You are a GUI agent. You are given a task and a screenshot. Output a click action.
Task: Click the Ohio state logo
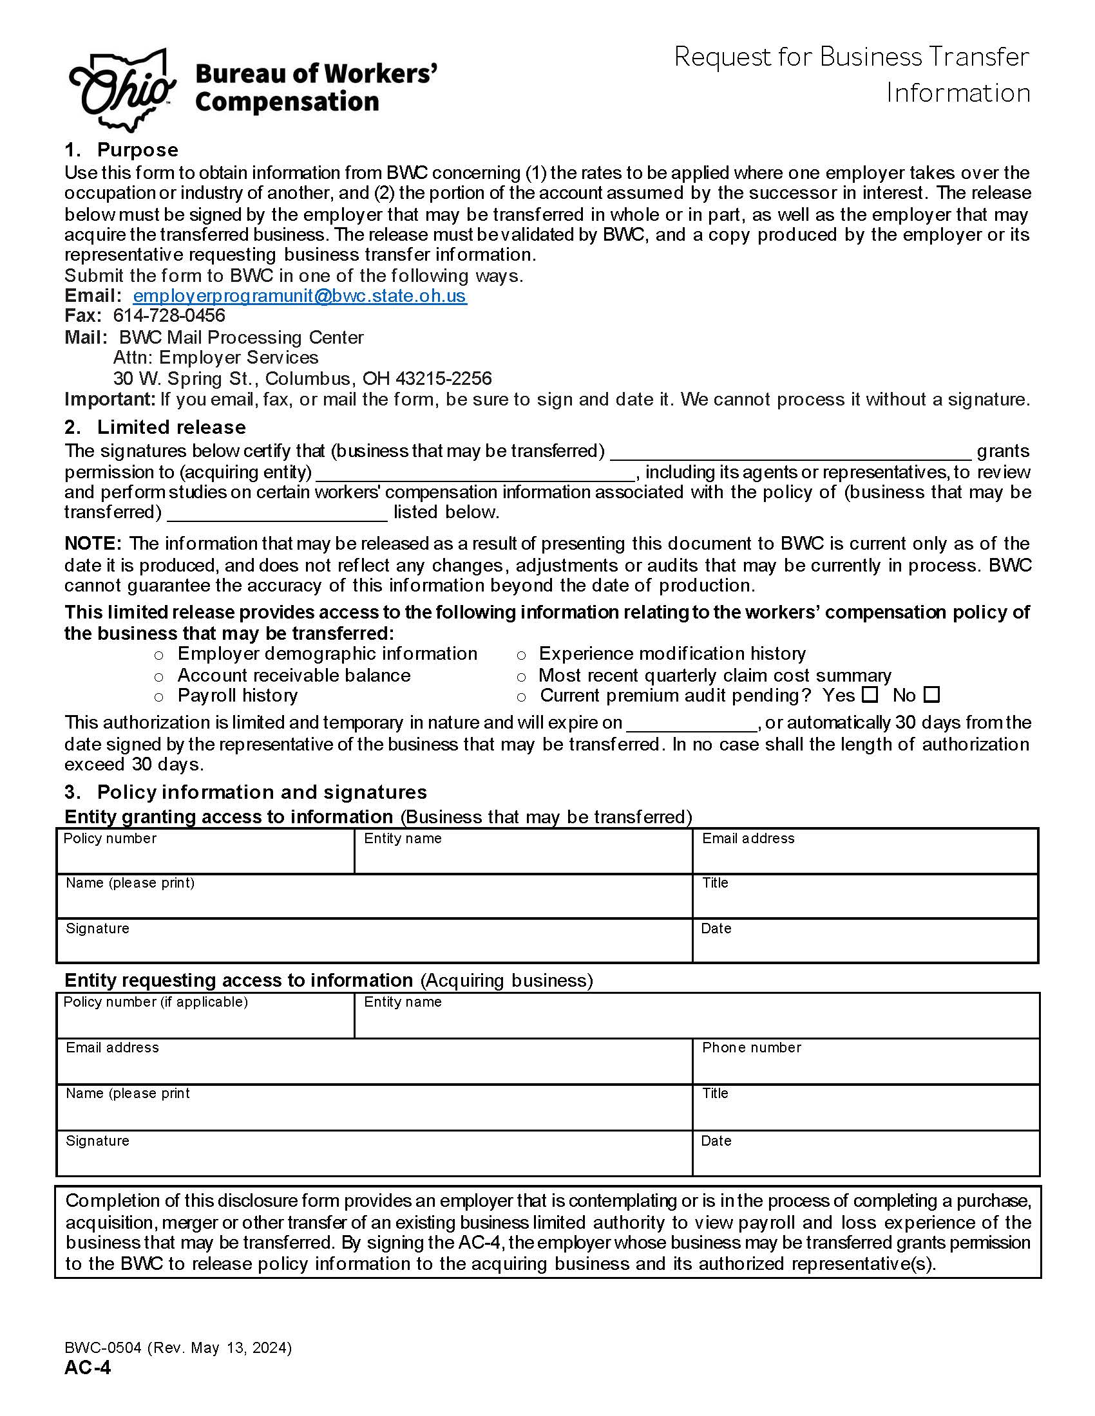[122, 89]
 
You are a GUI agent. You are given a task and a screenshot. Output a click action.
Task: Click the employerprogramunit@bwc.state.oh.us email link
[299, 295]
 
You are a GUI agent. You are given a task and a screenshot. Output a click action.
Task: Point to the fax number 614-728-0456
[169, 316]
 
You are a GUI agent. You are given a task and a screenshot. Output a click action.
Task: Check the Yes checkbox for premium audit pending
[870, 694]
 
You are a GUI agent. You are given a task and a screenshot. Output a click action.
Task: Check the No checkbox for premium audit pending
[931, 694]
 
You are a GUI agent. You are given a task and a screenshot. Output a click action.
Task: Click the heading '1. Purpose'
[120, 150]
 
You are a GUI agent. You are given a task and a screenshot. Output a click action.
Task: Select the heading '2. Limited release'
[155, 427]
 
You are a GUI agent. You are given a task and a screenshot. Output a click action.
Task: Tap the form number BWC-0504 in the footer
[102, 1348]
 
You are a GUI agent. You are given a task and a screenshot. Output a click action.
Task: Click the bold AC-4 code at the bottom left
[88, 1367]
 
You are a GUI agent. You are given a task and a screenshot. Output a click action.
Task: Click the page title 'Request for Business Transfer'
[851, 57]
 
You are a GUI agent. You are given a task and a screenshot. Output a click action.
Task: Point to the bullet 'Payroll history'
[238, 696]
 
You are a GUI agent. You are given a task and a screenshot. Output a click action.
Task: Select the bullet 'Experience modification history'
[672, 653]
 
